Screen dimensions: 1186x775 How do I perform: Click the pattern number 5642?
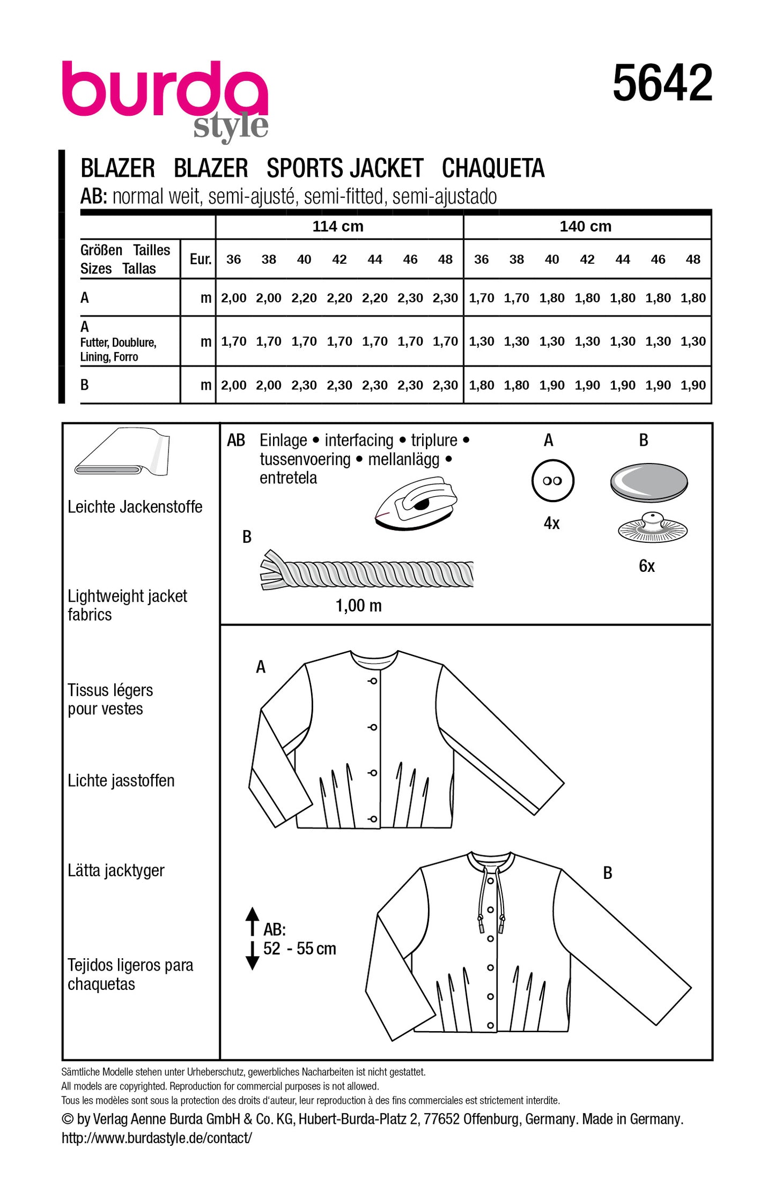(662, 83)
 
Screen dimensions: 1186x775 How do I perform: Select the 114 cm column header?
(338, 226)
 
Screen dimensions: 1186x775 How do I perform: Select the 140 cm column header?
(585, 226)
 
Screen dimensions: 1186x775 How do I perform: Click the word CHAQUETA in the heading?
(493, 168)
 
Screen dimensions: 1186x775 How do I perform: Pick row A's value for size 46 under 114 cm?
(410, 298)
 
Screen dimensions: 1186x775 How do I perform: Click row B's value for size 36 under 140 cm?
(481, 385)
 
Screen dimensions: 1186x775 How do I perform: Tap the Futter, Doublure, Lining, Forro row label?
(118, 349)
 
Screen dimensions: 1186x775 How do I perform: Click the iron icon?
(416, 504)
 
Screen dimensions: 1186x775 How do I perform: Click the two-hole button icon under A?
(552, 481)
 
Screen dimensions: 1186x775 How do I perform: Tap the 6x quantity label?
(647, 566)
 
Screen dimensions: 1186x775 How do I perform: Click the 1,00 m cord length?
(358, 606)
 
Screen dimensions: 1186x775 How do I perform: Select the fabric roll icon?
(123, 452)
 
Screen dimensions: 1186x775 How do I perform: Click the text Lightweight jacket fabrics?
(127, 605)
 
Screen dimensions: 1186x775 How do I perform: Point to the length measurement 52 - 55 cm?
(299, 949)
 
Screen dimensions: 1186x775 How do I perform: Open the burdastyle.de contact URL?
(157, 1138)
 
